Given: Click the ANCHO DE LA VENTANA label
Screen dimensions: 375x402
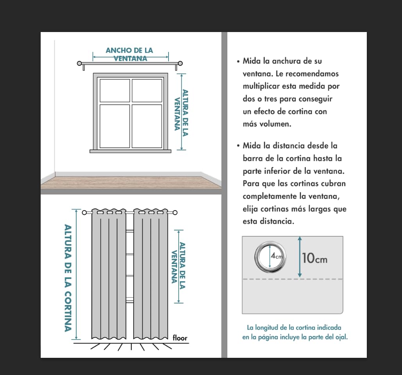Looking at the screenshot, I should click(x=129, y=54).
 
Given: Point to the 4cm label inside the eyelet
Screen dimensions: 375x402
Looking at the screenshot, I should click(x=276, y=257).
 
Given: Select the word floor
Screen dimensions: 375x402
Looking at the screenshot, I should click(x=180, y=338).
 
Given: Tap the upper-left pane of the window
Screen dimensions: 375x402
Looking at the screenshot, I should click(x=115, y=90).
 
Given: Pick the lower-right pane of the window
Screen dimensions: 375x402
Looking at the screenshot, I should click(x=147, y=126).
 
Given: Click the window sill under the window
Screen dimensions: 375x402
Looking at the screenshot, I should click(x=130, y=151).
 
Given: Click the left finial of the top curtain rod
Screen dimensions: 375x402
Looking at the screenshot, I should click(x=80, y=63).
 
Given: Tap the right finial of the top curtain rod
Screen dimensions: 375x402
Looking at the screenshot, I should click(x=181, y=63).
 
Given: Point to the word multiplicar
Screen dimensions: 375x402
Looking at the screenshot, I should click(x=261, y=86).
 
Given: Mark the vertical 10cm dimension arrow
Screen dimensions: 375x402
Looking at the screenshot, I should click(x=300, y=257).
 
